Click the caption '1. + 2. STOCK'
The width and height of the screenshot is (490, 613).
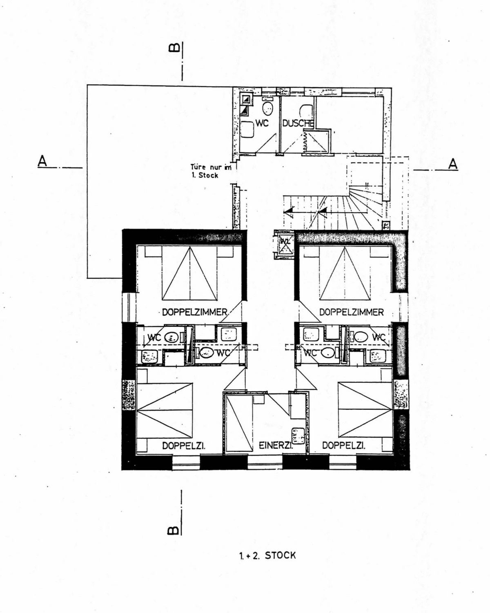(x=267, y=555)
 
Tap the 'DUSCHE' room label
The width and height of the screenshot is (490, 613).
(x=298, y=123)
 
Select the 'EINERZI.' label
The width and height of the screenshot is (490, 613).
(x=276, y=446)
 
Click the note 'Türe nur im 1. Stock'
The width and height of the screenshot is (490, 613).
(x=211, y=171)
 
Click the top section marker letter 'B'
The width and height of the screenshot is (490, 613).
(x=174, y=48)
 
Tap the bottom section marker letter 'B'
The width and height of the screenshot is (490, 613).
(x=173, y=531)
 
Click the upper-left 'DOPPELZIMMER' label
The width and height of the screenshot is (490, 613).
(x=194, y=312)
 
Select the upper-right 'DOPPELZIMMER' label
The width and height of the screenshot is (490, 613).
(x=351, y=312)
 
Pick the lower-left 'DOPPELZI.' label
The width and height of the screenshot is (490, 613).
(x=183, y=446)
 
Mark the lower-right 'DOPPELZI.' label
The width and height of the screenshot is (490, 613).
(x=343, y=446)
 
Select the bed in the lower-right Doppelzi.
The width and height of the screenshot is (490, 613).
(x=365, y=409)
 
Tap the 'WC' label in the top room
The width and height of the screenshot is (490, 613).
(x=262, y=123)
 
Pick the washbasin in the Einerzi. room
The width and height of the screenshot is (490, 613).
(x=297, y=435)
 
